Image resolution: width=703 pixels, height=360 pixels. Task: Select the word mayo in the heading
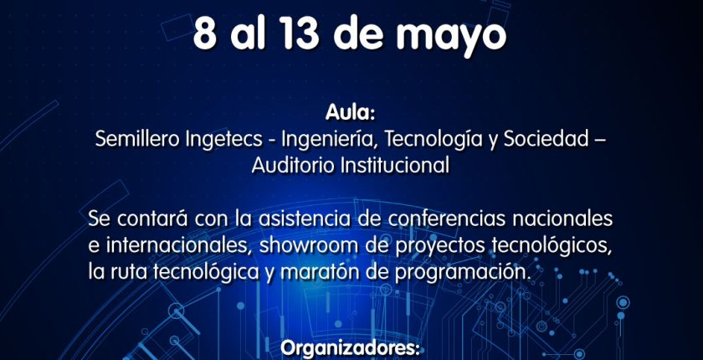click(451, 38)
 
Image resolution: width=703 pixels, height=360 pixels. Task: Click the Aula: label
click(351, 113)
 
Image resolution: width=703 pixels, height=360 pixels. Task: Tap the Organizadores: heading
click(350, 350)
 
